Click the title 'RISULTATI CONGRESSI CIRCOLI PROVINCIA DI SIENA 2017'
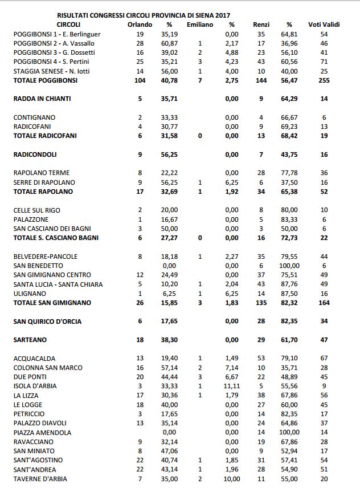point(148,15)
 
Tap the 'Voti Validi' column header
point(324,25)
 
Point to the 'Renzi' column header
point(261,25)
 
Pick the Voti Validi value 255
point(324,80)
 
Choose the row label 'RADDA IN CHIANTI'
point(42,99)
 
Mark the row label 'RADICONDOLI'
point(35,154)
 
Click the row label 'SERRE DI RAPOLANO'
point(44,182)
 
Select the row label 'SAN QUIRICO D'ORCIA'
point(47,322)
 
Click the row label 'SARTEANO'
point(31,340)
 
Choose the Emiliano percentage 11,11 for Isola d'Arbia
point(232,386)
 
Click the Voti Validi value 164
point(324,303)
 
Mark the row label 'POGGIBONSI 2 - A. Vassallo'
point(54,43)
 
